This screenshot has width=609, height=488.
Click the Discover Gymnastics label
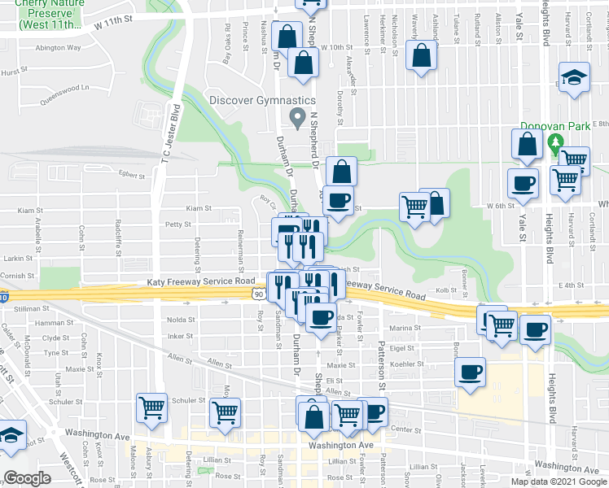[261, 100]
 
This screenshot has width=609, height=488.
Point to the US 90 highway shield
[257, 291]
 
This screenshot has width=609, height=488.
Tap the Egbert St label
[130, 174]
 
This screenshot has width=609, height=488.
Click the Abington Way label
[58, 47]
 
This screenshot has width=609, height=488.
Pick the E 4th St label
[573, 285]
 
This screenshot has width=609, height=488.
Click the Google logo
[27, 478]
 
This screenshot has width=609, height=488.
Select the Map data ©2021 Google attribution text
[559, 481]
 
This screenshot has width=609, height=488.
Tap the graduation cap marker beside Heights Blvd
[574, 78]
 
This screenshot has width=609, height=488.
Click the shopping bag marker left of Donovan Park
[528, 145]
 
